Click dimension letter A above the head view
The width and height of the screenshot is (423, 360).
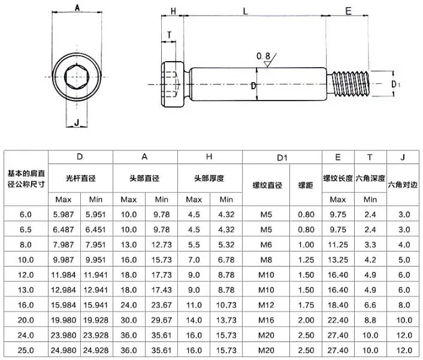pyautogui.click(x=78, y=8)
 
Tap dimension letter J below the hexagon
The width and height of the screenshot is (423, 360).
pyautogui.click(x=76, y=123)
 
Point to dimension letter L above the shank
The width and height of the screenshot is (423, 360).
pyautogui.click(x=246, y=11)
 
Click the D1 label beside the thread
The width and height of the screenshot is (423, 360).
pyautogui.click(x=395, y=84)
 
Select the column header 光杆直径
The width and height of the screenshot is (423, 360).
pyautogui.click(x=81, y=179)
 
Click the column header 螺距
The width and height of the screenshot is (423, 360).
pyautogui.click(x=306, y=185)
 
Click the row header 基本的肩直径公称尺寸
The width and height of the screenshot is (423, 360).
pyautogui.click(x=26, y=179)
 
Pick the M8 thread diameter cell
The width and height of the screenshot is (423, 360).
pyautogui.click(x=265, y=258)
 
